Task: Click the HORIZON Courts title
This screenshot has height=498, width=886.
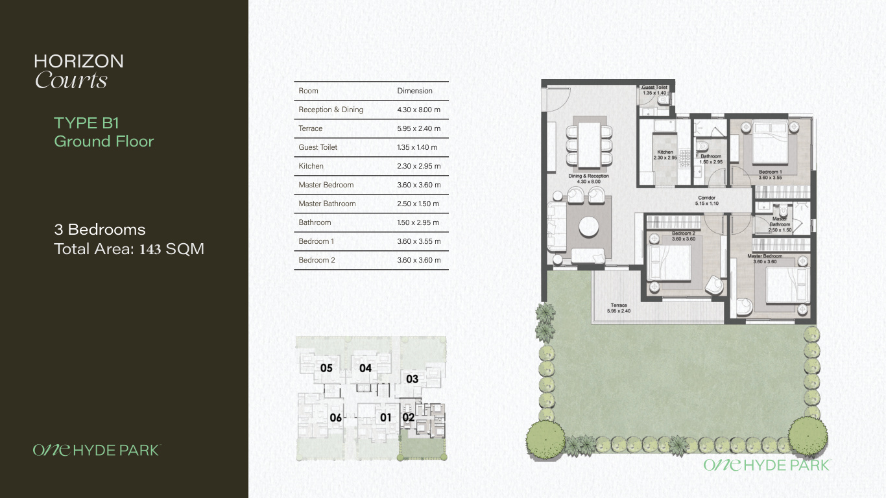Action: (x=78, y=71)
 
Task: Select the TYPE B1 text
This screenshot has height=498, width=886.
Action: (x=86, y=123)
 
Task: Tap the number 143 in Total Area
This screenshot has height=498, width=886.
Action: (x=150, y=249)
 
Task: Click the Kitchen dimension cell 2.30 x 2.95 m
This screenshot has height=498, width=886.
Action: (x=418, y=166)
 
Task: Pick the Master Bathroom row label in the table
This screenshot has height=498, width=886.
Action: (x=327, y=204)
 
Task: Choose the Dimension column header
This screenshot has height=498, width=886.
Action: (x=414, y=91)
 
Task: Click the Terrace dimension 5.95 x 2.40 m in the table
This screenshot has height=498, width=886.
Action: (x=418, y=128)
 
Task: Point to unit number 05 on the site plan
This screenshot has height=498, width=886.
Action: (x=326, y=368)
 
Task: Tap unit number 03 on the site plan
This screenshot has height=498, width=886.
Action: (x=412, y=379)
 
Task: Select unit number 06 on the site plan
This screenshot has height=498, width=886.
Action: (x=336, y=418)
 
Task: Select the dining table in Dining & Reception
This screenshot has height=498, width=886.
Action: (x=589, y=145)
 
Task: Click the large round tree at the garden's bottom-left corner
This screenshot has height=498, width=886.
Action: (x=545, y=440)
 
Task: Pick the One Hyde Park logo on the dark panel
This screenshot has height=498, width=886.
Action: (x=97, y=450)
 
